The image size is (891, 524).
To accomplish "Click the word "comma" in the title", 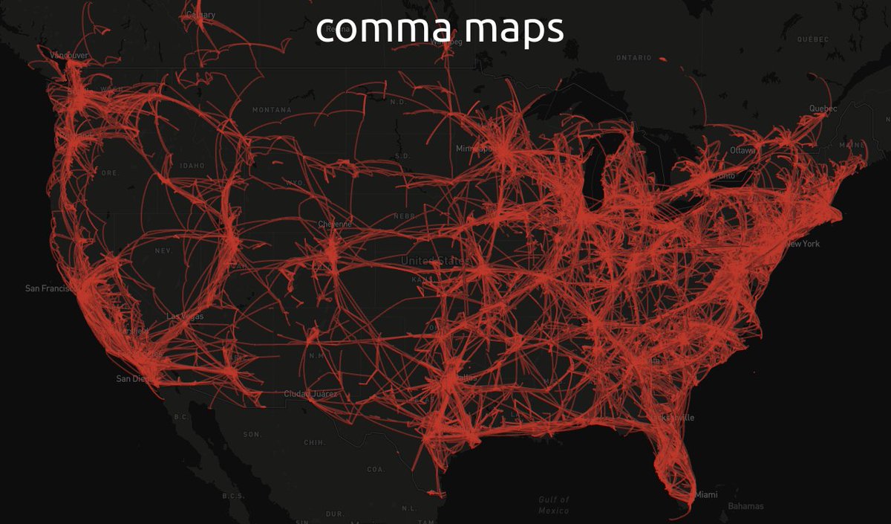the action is tap(369, 30).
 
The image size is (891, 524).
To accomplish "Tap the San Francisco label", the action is tap(50, 288).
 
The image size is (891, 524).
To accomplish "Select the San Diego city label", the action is tap(134, 378).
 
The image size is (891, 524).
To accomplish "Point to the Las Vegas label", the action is tap(185, 316).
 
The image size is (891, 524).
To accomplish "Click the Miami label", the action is tap(706, 494).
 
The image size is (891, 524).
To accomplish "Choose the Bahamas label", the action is tap(745, 506).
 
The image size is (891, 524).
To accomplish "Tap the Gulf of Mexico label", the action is tap(555, 505).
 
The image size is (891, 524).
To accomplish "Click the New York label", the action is tap(803, 244).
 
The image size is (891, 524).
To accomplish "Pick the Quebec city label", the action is tap(823, 109).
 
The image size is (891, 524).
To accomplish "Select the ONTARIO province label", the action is tap(633, 57).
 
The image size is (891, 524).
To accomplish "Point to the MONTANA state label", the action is tap(271, 110).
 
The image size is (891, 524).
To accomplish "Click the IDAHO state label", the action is tap(192, 165).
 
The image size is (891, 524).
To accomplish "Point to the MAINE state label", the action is tap(852, 145).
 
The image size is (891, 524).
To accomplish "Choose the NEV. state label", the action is tap(163, 250).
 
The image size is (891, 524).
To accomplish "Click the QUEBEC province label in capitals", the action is tap(812, 39).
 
